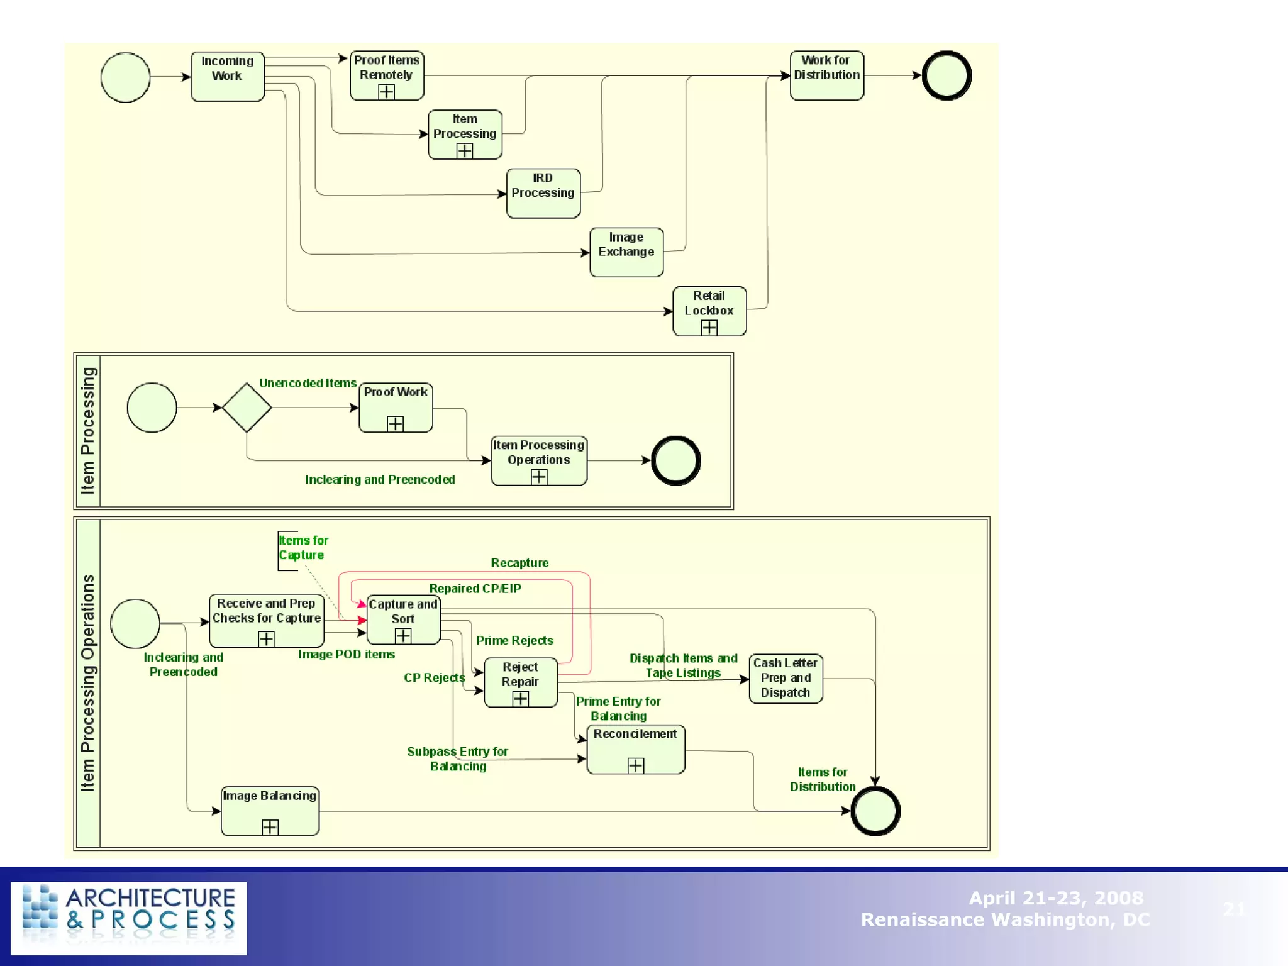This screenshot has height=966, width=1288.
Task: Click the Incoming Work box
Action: coord(227,76)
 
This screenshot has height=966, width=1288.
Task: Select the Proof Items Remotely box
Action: coord(386,75)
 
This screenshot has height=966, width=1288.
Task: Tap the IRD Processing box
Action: coord(543,193)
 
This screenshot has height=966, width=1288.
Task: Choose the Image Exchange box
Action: coord(626,252)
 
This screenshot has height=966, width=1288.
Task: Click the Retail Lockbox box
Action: coord(709,311)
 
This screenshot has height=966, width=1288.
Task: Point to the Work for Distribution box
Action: coord(826,75)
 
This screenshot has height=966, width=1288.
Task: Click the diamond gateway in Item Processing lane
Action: coord(247,408)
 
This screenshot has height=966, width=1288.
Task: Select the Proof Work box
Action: coord(395,407)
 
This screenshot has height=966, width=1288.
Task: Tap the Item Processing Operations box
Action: coord(538,460)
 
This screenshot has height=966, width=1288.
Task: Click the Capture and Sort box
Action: coord(403,619)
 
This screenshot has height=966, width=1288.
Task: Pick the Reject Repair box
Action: coord(520,682)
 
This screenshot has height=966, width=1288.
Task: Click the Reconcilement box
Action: coord(635,748)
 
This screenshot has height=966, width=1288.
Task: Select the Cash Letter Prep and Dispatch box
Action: coord(786,678)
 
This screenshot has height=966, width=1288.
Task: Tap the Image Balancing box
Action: coord(270,811)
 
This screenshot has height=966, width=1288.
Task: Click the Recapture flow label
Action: coord(519,563)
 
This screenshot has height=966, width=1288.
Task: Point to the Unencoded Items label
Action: coord(308,383)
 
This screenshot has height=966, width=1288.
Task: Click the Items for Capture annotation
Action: coord(303,548)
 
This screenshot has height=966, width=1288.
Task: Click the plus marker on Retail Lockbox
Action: coord(709,328)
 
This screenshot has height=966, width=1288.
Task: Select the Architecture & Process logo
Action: coord(129,918)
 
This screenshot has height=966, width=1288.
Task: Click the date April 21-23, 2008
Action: coord(1055,897)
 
